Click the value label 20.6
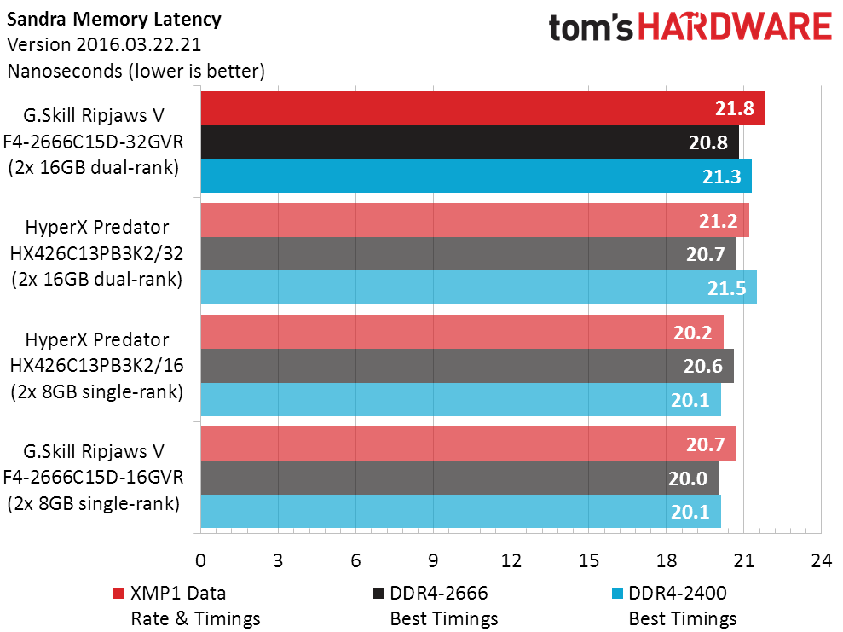pos(703,366)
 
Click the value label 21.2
pos(719,220)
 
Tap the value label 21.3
pos(721,177)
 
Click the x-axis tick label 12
pos(511,560)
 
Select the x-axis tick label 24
pos(821,560)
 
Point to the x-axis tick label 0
pos(200,560)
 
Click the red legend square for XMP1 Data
pos(119,593)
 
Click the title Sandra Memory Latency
pos(113,19)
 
